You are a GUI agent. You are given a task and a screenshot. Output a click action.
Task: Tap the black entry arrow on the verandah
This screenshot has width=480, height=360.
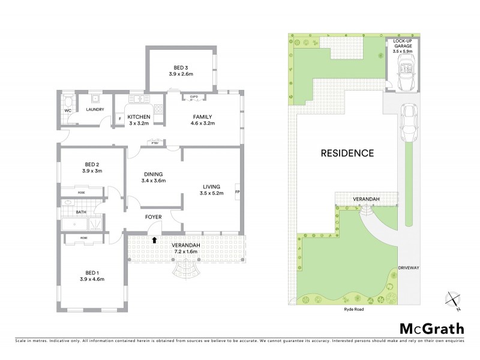(x=154, y=240)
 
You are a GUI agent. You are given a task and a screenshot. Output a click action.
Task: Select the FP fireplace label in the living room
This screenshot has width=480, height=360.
(x=238, y=192)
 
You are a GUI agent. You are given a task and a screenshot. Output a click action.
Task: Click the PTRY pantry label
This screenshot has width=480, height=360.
(x=155, y=143)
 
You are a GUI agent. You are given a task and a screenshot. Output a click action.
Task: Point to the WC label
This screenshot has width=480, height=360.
(x=67, y=110)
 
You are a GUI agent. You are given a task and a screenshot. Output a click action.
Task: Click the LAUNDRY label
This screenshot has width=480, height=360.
(x=95, y=110)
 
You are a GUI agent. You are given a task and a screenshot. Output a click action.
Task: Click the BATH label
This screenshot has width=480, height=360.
(x=81, y=212)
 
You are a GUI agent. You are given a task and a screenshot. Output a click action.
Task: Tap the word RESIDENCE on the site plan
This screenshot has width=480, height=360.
(x=347, y=153)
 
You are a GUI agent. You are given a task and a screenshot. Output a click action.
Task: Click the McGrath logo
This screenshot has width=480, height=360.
(x=431, y=328)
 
